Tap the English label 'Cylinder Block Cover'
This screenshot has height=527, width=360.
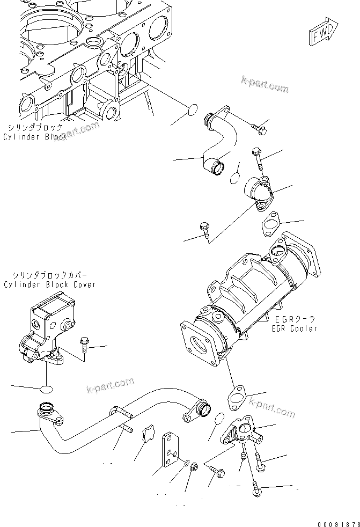click(49, 284)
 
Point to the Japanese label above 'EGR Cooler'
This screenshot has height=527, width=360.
click(295, 318)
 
